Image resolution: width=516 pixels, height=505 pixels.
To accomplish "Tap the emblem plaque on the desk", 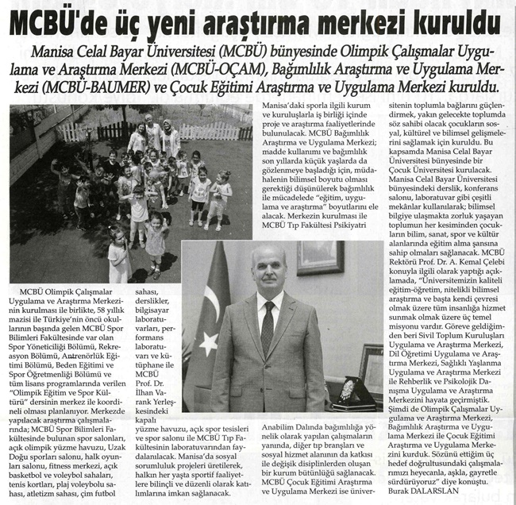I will [x=348, y=392].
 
